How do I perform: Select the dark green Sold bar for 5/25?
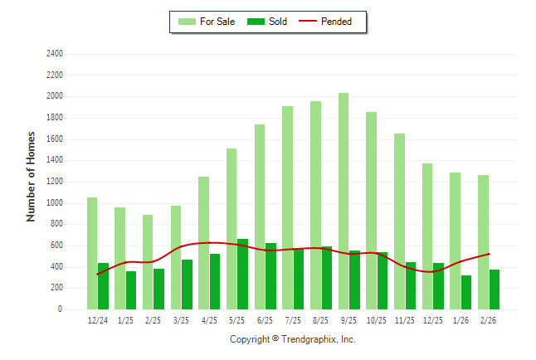pyautogui.click(x=242, y=275)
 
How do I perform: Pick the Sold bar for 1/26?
pyautogui.click(x=466, y=292)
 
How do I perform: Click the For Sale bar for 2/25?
pyautogui.click(x=148, y=262)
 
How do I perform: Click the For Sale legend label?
pyautogui.click(x=217, y=22)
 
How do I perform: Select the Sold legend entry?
pyautogui.click(x=278, y=22)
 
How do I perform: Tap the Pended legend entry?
pyautogui.click(x=336, y=22)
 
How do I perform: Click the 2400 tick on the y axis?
pyautogui.click(x=56, y=54)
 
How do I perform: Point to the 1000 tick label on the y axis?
pyautogui.click(x=56, y=203)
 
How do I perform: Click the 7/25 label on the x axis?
pyautogui.click(x=293, y=319)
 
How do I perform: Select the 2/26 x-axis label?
pyautogui.click(x=489, y=319)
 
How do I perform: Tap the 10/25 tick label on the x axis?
pyautogui.click(x=377, y=319)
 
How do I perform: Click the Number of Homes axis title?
pyautogui.click(x=32, y=176)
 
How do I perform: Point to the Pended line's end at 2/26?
pyautogui.click(x=489, y=254)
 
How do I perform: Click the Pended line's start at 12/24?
pyautogui.click(x=98, y=275)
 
